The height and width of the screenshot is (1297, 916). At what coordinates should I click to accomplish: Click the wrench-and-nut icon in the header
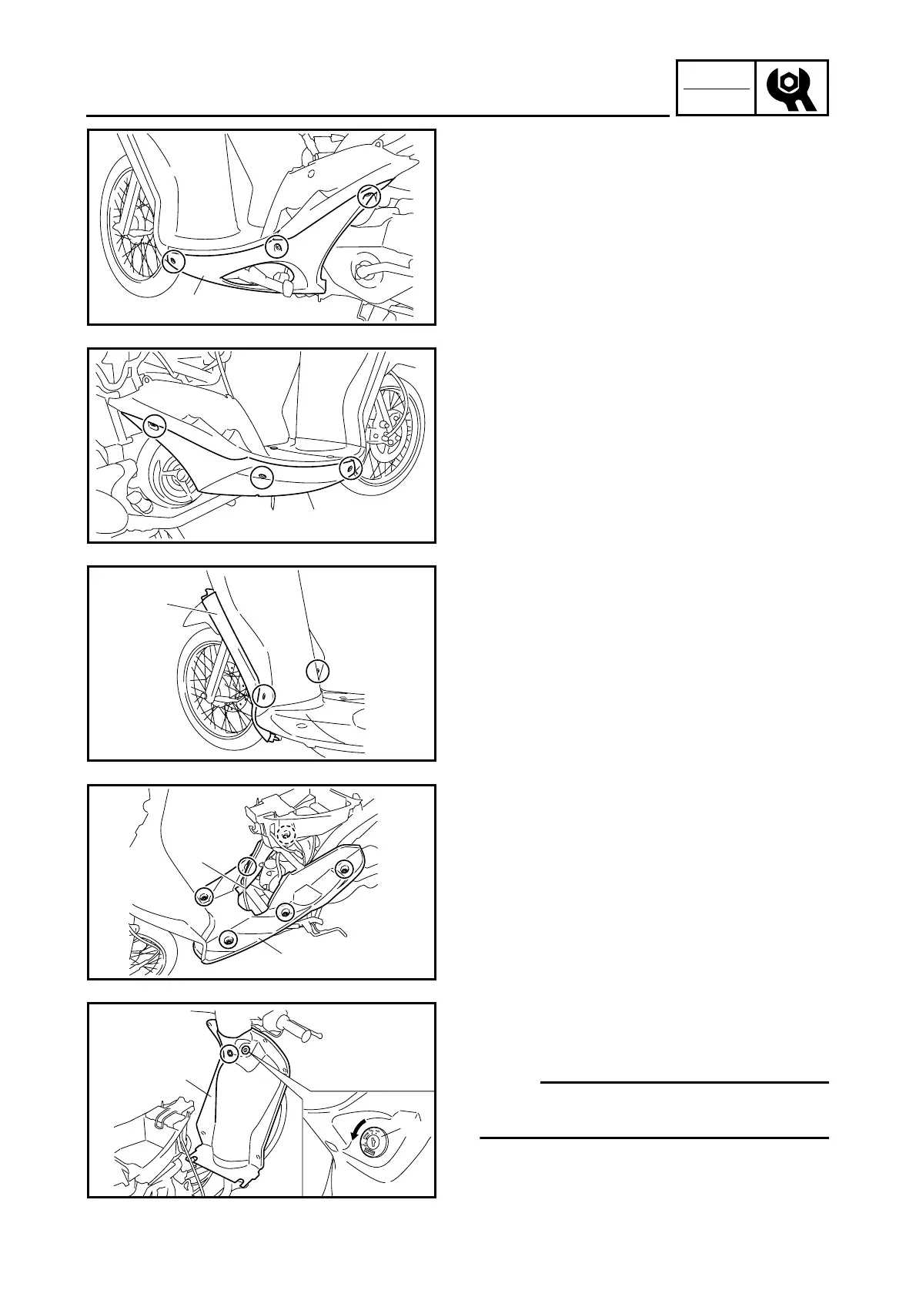[791, 89]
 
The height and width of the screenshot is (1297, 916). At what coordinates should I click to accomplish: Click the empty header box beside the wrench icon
[716, 89]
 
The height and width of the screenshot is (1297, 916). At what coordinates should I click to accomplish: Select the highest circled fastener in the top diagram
[371, 196]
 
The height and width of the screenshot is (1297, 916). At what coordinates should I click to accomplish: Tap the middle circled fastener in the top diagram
[276, 247]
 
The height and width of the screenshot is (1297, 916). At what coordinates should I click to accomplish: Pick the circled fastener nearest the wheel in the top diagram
[175, 261]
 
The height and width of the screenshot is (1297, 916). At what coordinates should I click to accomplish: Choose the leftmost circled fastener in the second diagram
[155, 426]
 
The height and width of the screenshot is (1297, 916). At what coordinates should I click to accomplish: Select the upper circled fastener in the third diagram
[317, 671]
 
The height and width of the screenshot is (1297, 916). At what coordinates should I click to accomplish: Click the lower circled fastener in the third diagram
[263, 695]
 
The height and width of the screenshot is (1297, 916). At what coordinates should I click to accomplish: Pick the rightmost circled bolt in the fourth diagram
[343, 870]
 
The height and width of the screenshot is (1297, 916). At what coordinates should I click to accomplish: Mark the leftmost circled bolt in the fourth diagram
[204, 896]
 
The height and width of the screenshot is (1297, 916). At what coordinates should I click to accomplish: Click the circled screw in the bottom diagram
[229, 1054]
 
